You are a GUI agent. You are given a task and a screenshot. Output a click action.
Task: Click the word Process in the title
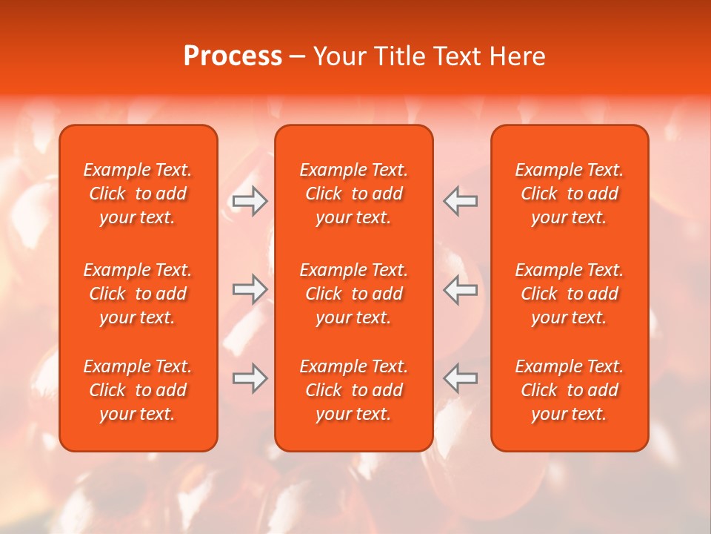(233, 56)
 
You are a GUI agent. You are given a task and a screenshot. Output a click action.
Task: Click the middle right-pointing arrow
(250, 289)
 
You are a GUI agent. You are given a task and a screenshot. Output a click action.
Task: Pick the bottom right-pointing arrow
(250, 378)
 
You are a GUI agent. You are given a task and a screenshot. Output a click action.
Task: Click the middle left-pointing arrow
(460, 289)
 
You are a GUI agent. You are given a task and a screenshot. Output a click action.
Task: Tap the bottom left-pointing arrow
(460, 378)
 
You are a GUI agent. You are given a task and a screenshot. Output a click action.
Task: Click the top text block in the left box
(138, 194)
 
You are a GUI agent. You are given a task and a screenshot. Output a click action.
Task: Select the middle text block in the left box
(138, 294)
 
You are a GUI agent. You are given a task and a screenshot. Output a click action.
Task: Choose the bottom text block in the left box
(138, 390)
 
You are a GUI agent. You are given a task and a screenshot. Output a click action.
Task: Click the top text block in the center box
(353, 194)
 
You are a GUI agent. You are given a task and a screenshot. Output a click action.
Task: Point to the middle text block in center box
(353, 294)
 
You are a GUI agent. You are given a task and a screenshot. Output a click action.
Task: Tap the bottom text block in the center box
(353, 390)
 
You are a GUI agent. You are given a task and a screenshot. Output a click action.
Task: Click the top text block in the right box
(569, 194)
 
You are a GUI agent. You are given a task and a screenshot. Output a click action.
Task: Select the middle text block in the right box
(569, 294)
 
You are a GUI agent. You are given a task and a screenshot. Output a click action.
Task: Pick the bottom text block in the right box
(569, 390)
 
